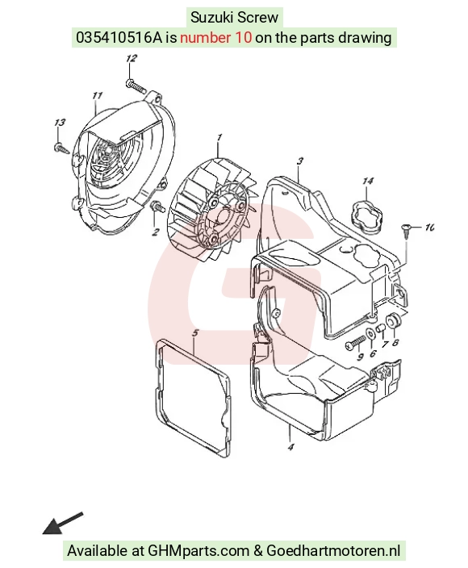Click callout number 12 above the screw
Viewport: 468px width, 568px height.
[x=132, y=58]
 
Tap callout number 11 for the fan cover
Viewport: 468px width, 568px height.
[x=97, y=96]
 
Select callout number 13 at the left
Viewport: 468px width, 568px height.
[x=60, y=123]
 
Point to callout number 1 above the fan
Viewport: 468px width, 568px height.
[x=219, y=138]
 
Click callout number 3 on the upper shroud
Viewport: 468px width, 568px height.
[x=300, y=161]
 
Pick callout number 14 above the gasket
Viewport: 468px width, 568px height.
[x=368, y=181]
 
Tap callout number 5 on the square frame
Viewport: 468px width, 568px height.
[x=195, y=333]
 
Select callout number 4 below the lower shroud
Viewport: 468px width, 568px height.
[x=290, y=447]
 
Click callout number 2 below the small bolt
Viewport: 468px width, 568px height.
[x=156, y=232]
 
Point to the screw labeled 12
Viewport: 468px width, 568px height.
[x=136, y=86]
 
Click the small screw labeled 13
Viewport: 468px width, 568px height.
[x=61, y=148]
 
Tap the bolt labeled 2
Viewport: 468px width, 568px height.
[x=157, y=207]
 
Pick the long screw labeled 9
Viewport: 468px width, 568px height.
[x=356, y=342]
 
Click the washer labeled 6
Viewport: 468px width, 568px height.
[x=370, y=333]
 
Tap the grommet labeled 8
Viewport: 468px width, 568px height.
[x=393, y=320]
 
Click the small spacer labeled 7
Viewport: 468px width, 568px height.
[x=380, y=328]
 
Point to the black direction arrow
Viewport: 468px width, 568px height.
[x=63, y=523]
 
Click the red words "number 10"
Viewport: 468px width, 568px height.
[x=216, y=37]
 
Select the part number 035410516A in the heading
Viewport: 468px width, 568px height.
[x=119, y=37]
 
